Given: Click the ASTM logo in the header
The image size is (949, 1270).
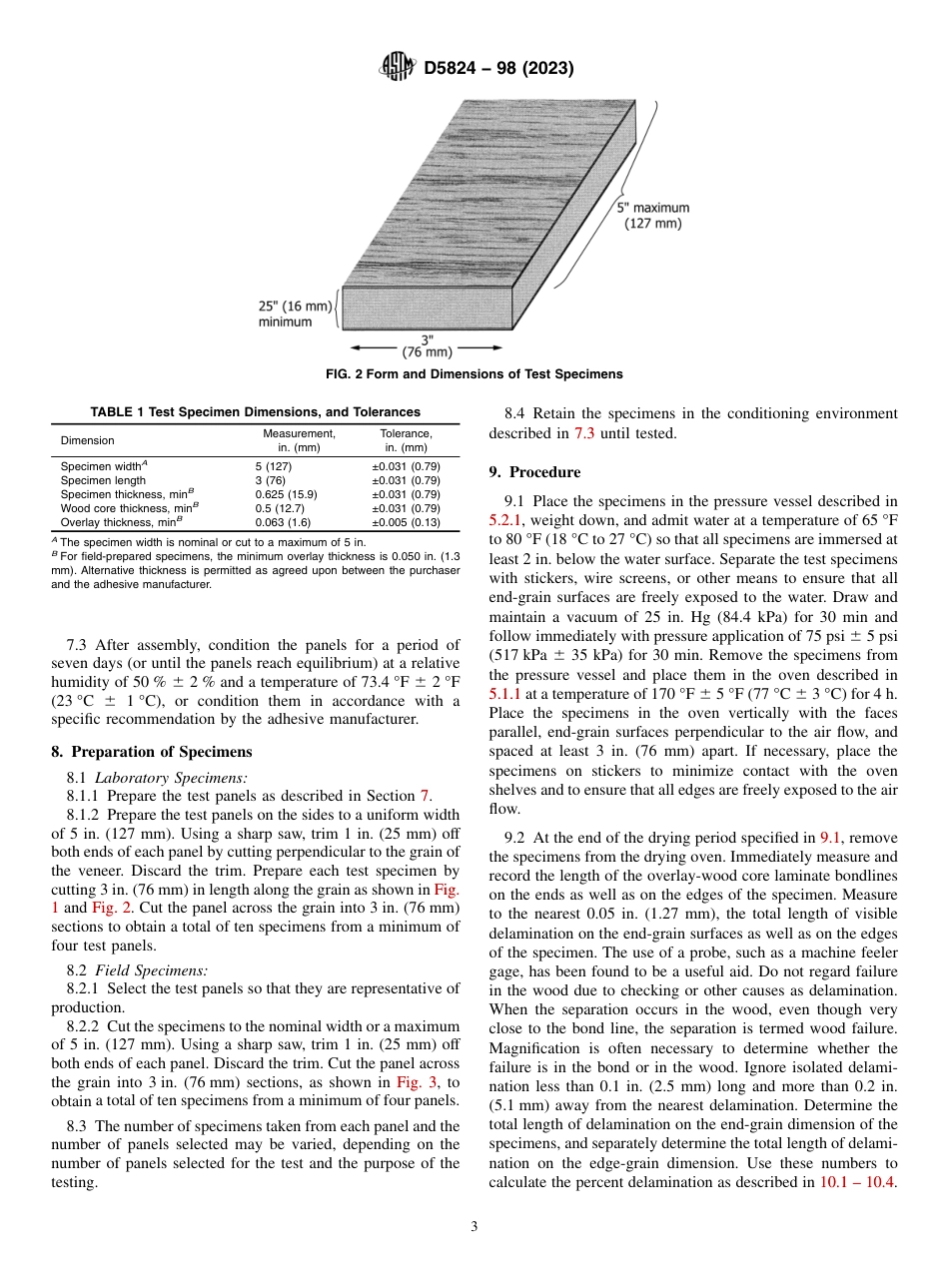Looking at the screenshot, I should coord(399,69).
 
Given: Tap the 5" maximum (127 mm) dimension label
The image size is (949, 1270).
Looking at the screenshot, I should coord(652,216).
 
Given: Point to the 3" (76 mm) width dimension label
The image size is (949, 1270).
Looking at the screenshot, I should coord(427,346).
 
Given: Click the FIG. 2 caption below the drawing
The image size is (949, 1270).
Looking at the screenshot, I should coord(474,374).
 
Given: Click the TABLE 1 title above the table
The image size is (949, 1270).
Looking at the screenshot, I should coord(255,411).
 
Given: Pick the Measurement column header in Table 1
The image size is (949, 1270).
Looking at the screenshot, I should coord(299,440).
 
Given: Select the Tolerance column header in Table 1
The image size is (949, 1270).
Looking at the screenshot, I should coord(406,440).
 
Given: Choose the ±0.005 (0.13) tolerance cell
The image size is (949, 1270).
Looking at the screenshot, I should coord(406,521).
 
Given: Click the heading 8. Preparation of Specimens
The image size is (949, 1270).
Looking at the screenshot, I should coord(152,752).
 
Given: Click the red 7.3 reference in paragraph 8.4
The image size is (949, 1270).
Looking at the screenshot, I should coord(585,433).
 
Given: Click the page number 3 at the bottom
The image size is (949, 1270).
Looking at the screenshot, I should coord(474,1227).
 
